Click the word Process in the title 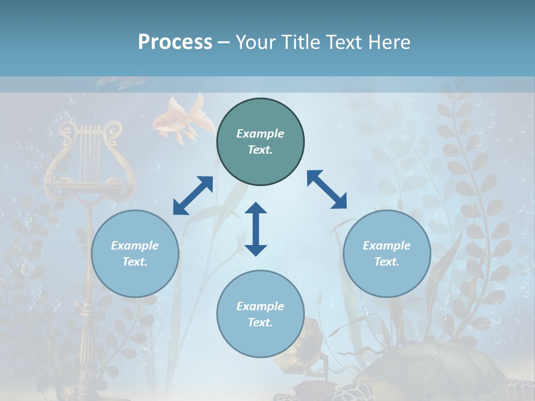(x=175, y=42)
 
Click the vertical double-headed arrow (x=256, y=229)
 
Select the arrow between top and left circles (x=193, y=195)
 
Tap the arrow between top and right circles (x=327, y=189)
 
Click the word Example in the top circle (x=260, y=134)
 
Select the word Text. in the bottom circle (x=260, y=322)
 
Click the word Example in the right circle (x=387, y=246)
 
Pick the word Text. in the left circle (x=135, y=262)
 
